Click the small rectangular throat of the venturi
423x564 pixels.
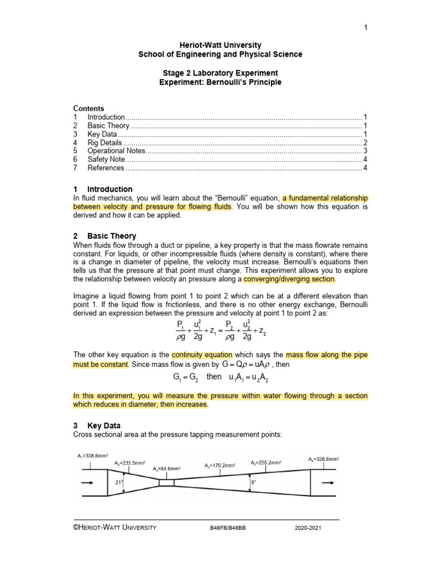tap(166, 482)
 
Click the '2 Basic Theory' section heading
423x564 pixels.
tap(105, 236)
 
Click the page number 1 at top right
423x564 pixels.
tap(365, 28)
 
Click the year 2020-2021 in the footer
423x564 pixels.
tap(308, 528)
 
